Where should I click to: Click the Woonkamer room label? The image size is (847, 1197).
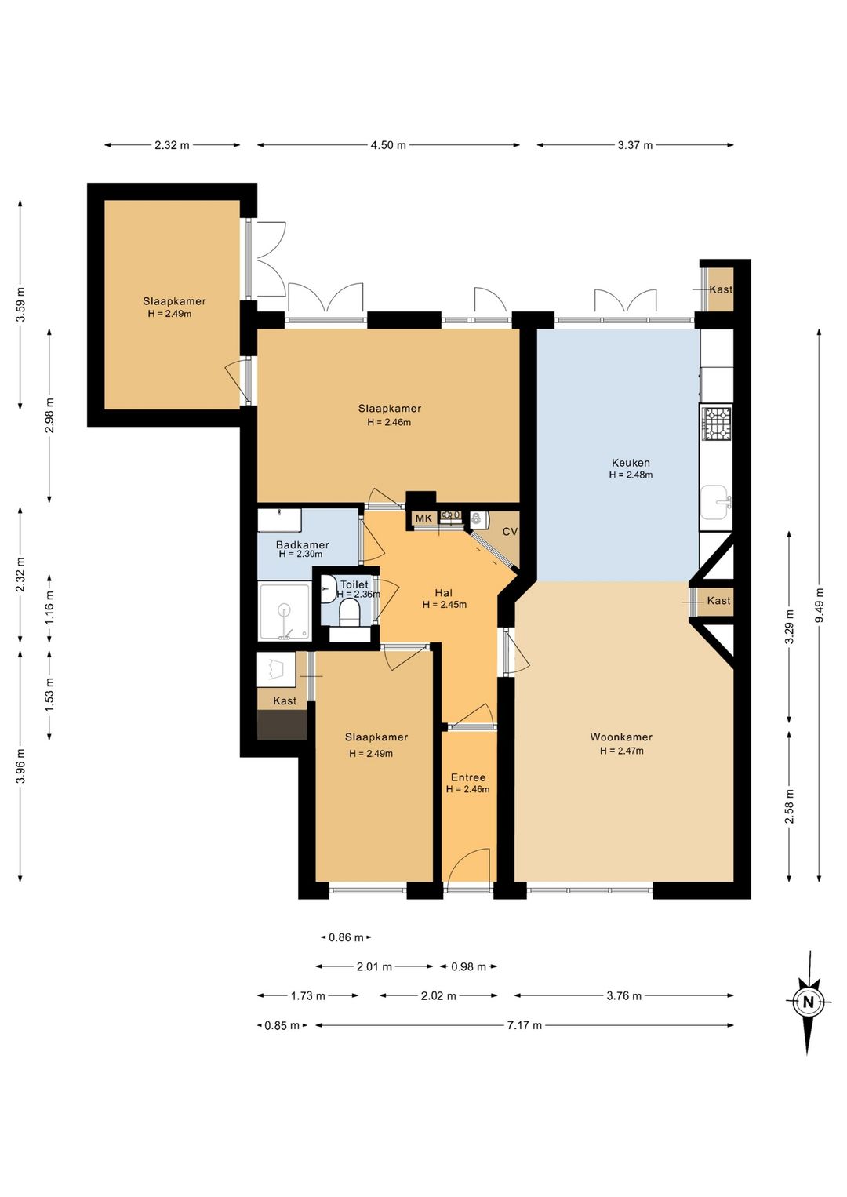click(x=621, y=737)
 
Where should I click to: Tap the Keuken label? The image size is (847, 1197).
click(x=631, y=463)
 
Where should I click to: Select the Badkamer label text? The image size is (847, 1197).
click(x=303, y=545)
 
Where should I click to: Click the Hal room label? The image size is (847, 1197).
click(x=444, y=593)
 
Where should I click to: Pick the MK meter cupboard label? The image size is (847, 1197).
click(x=423, y=518)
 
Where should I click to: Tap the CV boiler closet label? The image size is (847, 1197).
click(x=511, y=532)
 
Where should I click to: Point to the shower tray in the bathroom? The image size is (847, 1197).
click(x=284, y=612)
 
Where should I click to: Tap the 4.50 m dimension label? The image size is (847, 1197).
click(x=388, y=145)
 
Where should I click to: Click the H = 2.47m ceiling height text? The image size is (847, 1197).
click(x=621, y=751)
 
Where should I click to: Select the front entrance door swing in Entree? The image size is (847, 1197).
click(x=468, y=868)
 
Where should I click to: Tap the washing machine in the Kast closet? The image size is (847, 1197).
click(x=277, y=669)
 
